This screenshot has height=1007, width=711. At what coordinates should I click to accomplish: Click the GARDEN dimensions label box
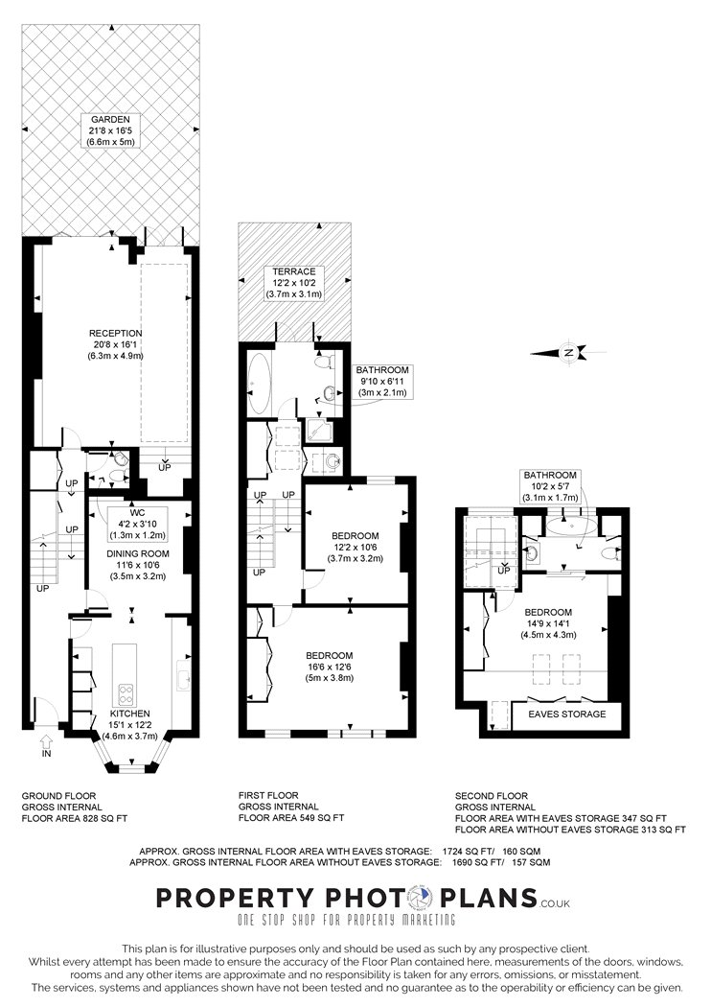(x=110, y=130)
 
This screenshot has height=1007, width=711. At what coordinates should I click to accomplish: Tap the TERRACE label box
(x=294, y=283)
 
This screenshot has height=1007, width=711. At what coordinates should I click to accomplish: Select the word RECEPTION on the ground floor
(x=116, y=334)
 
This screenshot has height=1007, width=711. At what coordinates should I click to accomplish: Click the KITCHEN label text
(x=129, y=714)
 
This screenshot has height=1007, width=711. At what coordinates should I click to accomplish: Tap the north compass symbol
(x=568, y=353)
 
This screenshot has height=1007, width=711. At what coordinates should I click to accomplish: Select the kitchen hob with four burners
(x=126, y=694)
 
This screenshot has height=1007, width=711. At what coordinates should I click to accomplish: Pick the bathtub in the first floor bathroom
(x=260, y=384)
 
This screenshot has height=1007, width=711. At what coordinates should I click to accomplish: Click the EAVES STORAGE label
(x=566, y=714)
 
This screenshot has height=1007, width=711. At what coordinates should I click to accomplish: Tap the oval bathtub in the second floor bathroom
(x=572, y=527)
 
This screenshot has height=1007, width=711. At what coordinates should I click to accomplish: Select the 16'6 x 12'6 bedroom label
(x=330, y=666)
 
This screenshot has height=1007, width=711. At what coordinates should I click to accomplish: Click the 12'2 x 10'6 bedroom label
(x=355, y=547)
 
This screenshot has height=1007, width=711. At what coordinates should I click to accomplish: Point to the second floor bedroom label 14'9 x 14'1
(x=548, y=623)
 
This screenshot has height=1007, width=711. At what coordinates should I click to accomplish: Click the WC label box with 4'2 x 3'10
(x=137, y=524)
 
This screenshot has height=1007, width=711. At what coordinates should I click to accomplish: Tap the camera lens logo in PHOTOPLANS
(x=423, y=898)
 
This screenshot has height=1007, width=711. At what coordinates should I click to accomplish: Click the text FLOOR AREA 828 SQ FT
(x=75, y=818)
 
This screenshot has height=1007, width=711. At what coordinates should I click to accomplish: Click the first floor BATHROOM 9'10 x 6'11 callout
(x=382, y=382)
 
